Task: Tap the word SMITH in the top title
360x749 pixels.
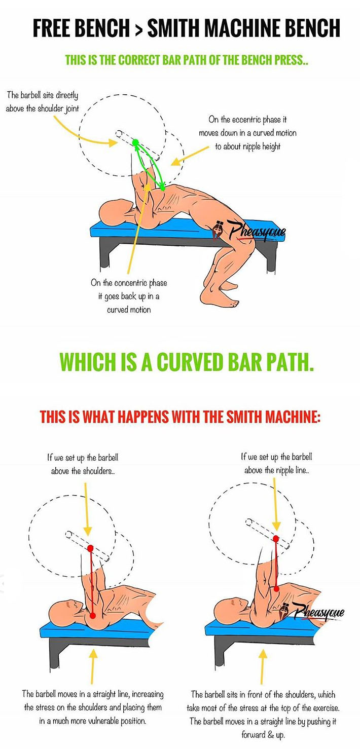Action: [x=173, y=28]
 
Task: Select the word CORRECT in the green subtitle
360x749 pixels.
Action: [x=139, y=60]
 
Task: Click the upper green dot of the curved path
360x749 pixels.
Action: [x=135, y=143]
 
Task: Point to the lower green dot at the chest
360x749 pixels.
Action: [x=163, y=188]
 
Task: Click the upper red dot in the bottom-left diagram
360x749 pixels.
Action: [x=90, y=548]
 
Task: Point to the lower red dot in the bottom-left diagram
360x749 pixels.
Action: [x=93, y=615]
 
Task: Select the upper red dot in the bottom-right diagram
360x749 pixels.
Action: [x=276, y=538]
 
